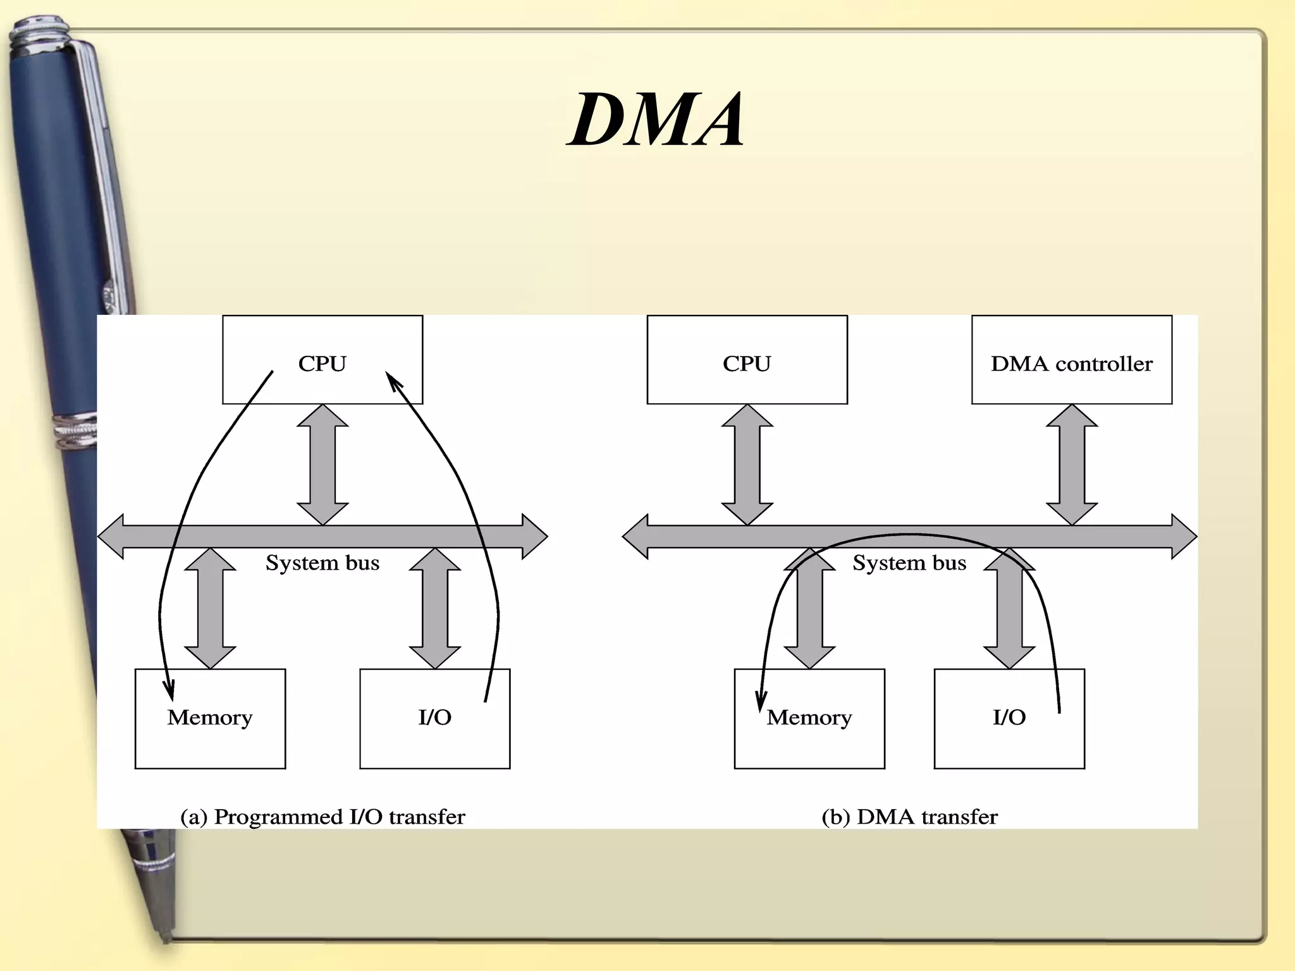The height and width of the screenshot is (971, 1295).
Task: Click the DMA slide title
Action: [656, 120]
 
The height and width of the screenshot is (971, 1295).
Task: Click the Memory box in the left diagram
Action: [210, 718]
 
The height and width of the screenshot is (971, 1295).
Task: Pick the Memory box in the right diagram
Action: [809, 718]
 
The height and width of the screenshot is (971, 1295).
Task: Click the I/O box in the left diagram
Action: [434, 718]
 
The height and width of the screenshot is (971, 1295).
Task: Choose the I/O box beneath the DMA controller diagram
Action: [1009, 718]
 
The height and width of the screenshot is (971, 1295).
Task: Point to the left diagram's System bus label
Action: [322, 563]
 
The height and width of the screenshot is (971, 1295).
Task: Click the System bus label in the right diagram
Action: [909, 563]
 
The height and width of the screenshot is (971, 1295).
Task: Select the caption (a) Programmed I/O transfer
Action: [322, 817]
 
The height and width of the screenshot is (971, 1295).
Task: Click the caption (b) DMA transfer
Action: [909, 817]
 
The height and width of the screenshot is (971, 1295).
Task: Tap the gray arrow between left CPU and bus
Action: [322, 465]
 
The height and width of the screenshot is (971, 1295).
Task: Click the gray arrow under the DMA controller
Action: [1071, 465]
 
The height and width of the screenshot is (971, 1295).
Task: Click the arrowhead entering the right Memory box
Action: [761, 702]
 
